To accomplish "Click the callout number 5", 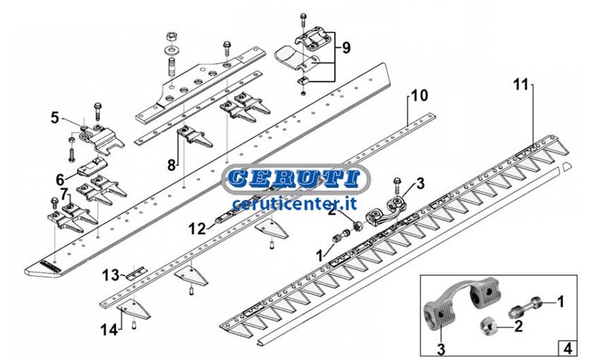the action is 55,118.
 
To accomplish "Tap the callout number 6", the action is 60,179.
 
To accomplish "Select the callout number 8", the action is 172,165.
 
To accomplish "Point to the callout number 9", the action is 346,48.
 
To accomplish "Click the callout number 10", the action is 419,96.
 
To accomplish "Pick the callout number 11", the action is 521,84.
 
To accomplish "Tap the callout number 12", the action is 198,229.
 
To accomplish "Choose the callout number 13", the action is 111,275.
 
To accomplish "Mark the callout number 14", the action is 109,330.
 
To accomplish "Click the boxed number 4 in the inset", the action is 568,347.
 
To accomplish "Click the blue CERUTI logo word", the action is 295,179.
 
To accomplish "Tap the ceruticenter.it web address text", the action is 294,204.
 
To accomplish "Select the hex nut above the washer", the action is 172,37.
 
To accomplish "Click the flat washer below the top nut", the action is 172,49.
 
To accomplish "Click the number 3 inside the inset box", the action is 441,349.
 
